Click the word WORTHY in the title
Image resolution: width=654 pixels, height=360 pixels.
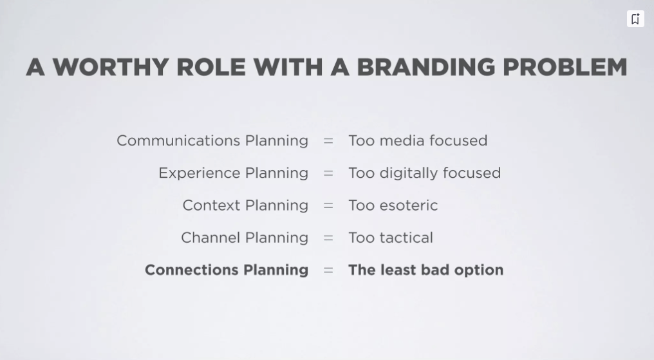coord(111,67)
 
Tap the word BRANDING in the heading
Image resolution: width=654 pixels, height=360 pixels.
coord(426,67)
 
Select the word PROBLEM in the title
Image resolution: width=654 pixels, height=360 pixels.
coord(565,67)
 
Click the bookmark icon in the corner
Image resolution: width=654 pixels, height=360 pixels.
coord(635,19)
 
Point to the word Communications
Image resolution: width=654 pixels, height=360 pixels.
coord(178,140)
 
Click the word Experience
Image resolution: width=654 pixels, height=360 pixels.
coord(199,173)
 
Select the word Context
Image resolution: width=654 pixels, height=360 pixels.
coord(211,205)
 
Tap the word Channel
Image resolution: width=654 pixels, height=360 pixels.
coord(210,238)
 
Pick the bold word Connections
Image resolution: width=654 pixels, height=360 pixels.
coord(192,270)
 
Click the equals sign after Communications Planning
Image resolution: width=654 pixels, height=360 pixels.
coord(328,141)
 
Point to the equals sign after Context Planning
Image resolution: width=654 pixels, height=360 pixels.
coord(328,205)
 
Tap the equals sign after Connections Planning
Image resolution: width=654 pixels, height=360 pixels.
coord(328,270)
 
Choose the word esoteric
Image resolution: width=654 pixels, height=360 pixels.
coord(409,205)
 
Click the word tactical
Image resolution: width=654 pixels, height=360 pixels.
coord(406,238)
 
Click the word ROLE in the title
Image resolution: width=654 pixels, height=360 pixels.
coord(211,67)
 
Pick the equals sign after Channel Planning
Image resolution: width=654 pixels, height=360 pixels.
coord(328,238)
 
